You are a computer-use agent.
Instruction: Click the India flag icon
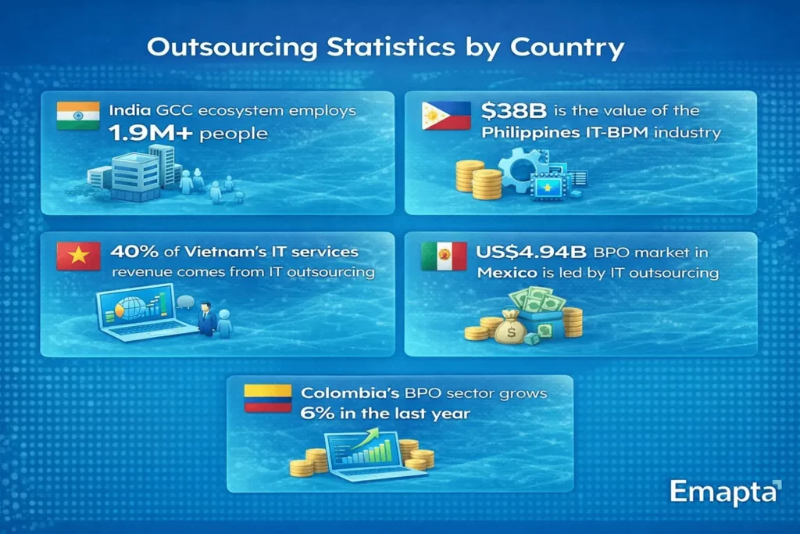(78, 116)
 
